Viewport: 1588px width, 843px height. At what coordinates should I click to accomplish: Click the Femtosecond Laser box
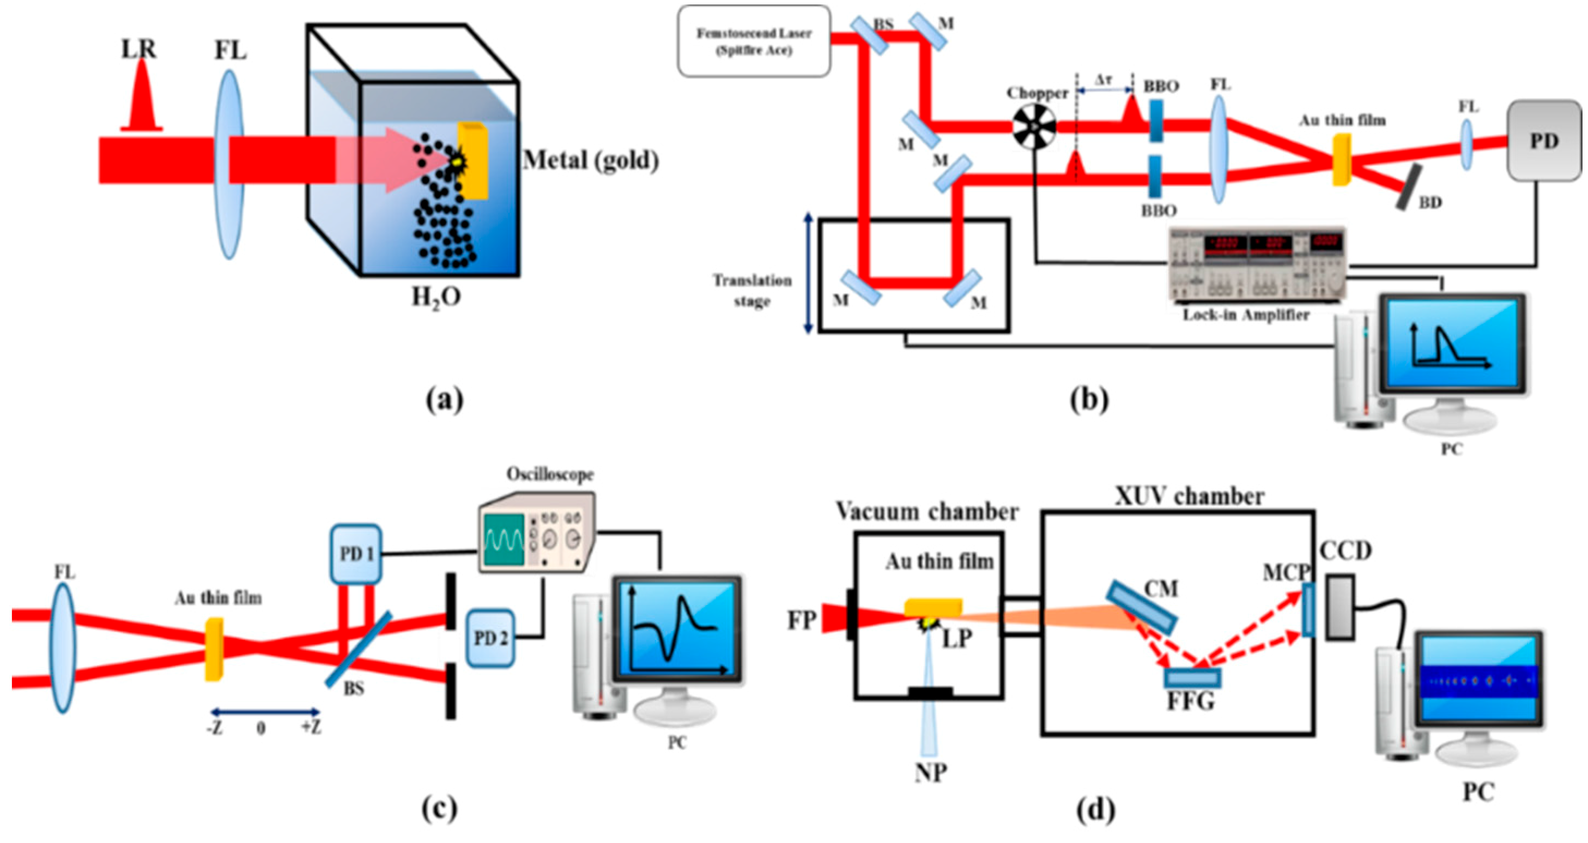click(x=753, y=41)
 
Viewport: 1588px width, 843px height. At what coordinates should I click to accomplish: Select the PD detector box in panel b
click(x=1544, y=141)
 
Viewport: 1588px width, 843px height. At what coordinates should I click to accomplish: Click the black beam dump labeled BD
click(x=1409, y=187)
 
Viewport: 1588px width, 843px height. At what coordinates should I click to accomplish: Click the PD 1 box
click(x=356, y=554)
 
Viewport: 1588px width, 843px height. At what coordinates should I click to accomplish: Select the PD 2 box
click(x=490, y=638)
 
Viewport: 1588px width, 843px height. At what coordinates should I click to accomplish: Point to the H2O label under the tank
click(x=436, y=298)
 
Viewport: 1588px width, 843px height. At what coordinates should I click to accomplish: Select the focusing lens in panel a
click(x=229, y=163)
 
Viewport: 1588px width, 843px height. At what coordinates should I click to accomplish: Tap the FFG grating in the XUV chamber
click(x=1192, y=678)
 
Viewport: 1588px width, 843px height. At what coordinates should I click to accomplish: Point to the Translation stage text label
click(x=752, y=290)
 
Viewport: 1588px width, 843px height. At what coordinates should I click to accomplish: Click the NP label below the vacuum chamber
click(x=930, y=772)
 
